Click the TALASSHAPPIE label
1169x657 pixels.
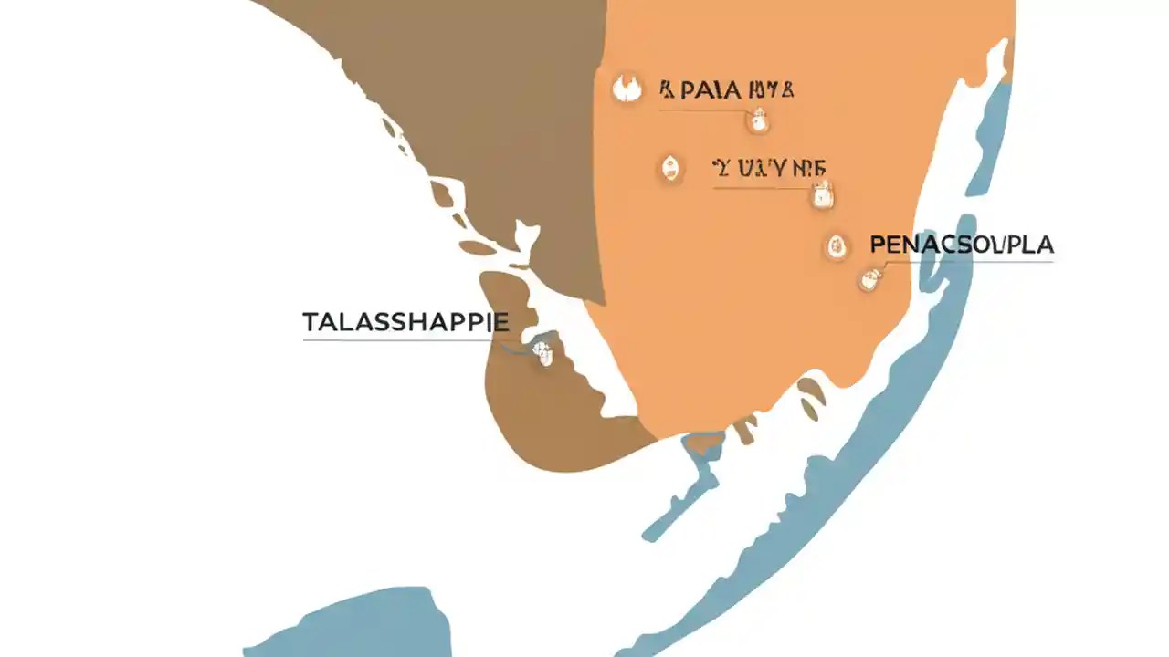coord(405,322)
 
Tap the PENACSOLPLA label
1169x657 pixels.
coord(962,245)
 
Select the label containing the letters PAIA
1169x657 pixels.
coord(726,90)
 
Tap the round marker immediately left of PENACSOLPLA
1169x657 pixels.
coord(835,245)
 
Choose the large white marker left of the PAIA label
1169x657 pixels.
coord(627,89)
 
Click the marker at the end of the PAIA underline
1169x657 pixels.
coord(757,119)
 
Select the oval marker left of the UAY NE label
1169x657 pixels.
coord(670,168)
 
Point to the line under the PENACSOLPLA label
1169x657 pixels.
coord(968,263)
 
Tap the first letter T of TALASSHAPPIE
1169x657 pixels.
coord(310,322)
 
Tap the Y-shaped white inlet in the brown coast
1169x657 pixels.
coord(524,239)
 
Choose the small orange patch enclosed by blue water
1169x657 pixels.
coord(703,444)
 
